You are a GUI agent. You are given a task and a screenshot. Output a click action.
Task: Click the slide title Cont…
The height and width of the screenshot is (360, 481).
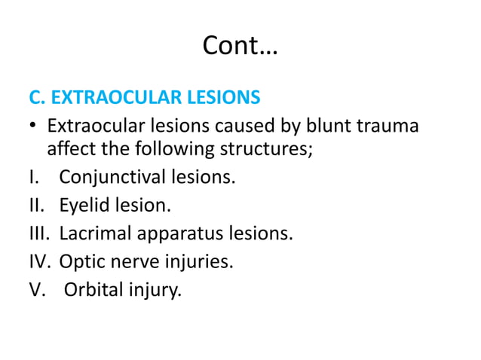click(240, 48)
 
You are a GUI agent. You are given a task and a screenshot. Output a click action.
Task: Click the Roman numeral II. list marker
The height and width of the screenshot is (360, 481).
click(37, 206)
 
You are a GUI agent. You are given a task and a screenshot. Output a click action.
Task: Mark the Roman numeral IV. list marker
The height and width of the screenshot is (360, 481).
click(40, 261)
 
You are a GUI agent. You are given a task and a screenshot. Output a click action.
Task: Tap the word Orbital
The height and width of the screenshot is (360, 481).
click(93, 288)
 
